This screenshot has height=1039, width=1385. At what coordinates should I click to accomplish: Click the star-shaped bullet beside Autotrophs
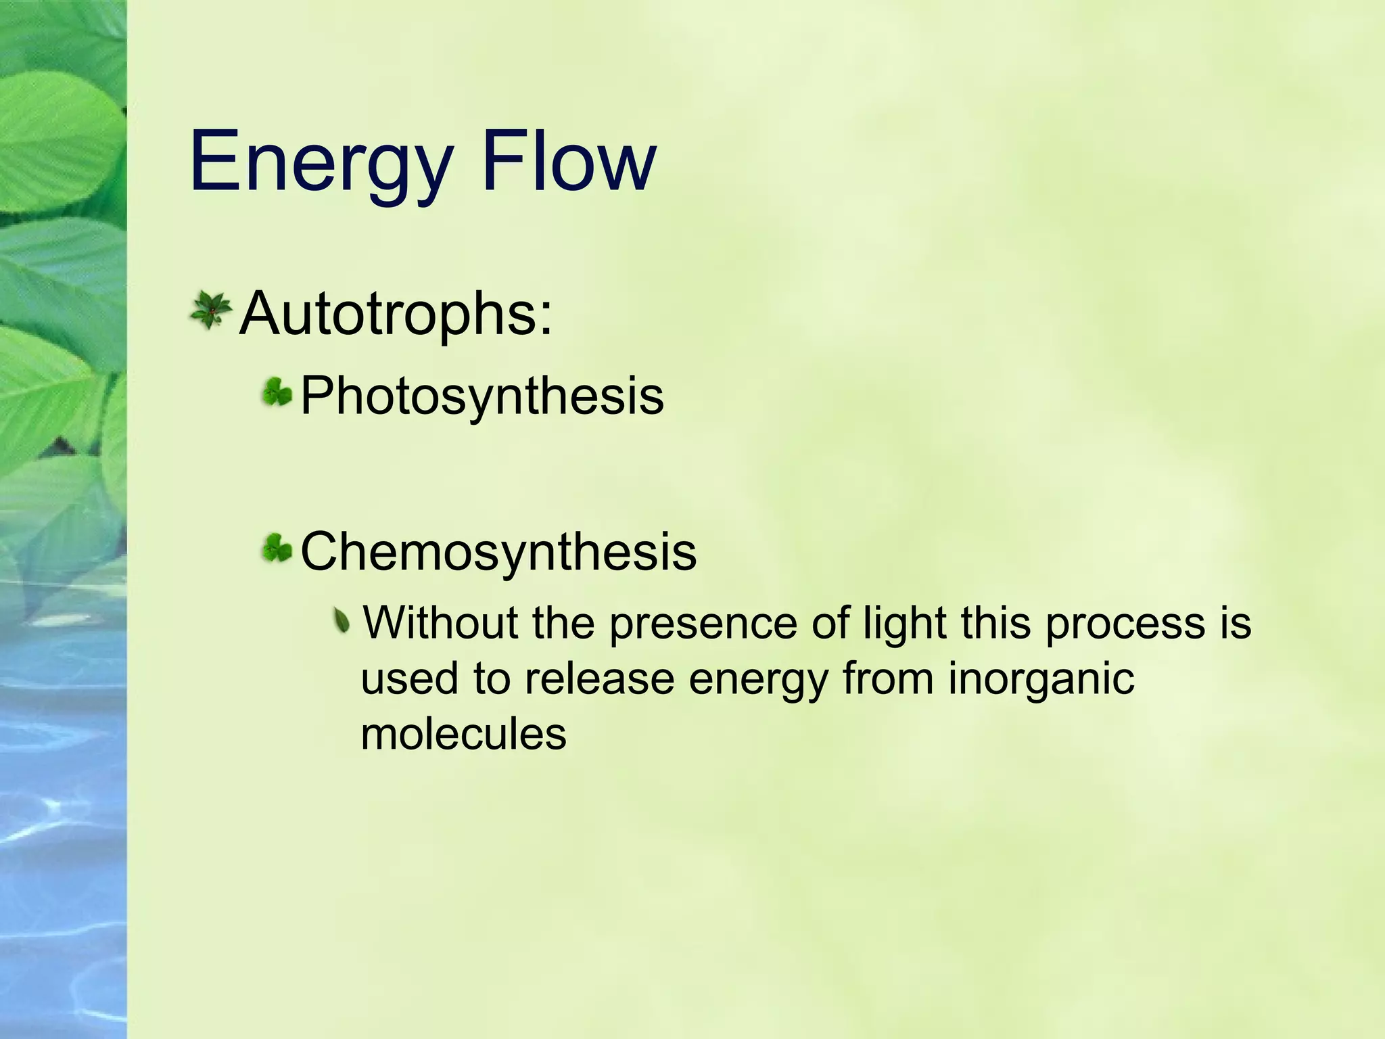(x=210, y=311)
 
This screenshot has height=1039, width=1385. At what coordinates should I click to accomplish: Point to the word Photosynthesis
(x=482, y=396)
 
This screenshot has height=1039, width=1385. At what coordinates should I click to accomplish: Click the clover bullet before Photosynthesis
(x=277, y=392)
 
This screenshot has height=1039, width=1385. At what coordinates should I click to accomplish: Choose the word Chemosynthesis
(x=498, y=552)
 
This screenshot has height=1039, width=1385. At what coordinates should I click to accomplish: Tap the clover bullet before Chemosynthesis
(x=277, y=549)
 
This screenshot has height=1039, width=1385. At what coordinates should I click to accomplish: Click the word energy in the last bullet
(x=758, y=680)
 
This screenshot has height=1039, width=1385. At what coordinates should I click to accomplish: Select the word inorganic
(x=1041, y=680)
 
